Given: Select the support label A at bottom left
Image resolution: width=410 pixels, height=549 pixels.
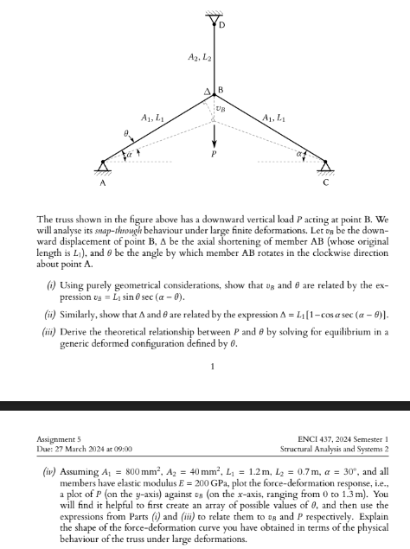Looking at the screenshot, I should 102,182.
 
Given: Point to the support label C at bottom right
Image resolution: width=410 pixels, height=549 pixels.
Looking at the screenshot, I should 325,182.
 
